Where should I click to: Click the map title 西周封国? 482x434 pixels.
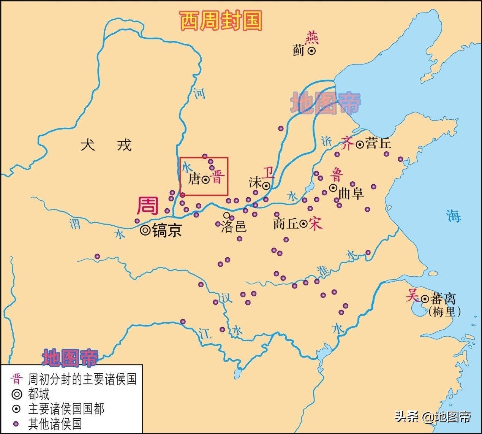tap(221, 21)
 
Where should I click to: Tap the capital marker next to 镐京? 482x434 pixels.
tap(145, 230)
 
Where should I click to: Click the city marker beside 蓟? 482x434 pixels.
tap(311, 51)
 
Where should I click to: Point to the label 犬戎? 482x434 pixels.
tap(106, 145)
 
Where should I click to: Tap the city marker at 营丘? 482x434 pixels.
tap(359, 144)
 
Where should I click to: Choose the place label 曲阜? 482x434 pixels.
tap(351, 193)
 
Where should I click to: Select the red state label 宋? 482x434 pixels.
tap(316, 223)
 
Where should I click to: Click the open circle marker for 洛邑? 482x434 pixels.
tap(227, 215)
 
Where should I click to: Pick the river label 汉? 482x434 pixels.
tap(226, 298)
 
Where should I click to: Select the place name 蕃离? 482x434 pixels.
tap(443, 298)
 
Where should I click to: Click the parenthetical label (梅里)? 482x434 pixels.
tap(444, 312)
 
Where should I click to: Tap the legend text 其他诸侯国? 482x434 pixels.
tap(55, 424)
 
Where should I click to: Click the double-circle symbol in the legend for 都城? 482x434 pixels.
tap(17, 394)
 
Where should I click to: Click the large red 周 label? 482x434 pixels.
tap(147, 206)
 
